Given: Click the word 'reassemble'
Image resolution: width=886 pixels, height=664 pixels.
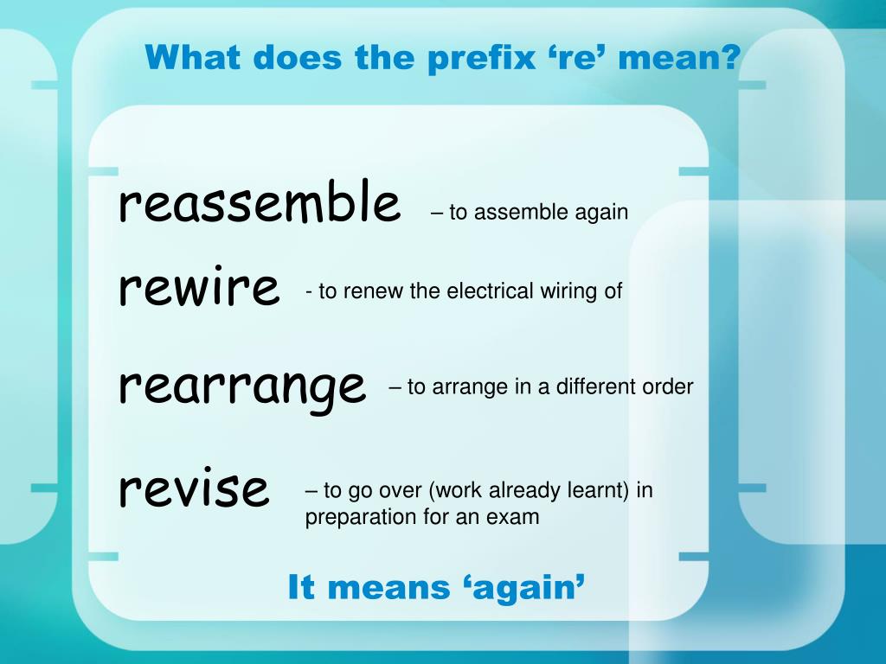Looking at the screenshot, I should click(260, 203).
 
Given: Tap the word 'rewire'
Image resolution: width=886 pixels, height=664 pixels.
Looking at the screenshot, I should click(200, 288).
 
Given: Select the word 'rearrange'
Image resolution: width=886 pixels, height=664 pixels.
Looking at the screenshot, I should click(242, 386).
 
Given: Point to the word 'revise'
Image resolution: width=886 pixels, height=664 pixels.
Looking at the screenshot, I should click(195, 488).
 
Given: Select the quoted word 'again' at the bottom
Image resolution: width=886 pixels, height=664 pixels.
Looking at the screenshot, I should click(519, 589).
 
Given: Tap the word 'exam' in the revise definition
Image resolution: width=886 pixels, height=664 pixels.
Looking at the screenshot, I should click(516, 517).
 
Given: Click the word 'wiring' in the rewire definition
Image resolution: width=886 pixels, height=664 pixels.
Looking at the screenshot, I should click(570, 292).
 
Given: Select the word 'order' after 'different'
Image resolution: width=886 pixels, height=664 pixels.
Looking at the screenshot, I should click(667, 386).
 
